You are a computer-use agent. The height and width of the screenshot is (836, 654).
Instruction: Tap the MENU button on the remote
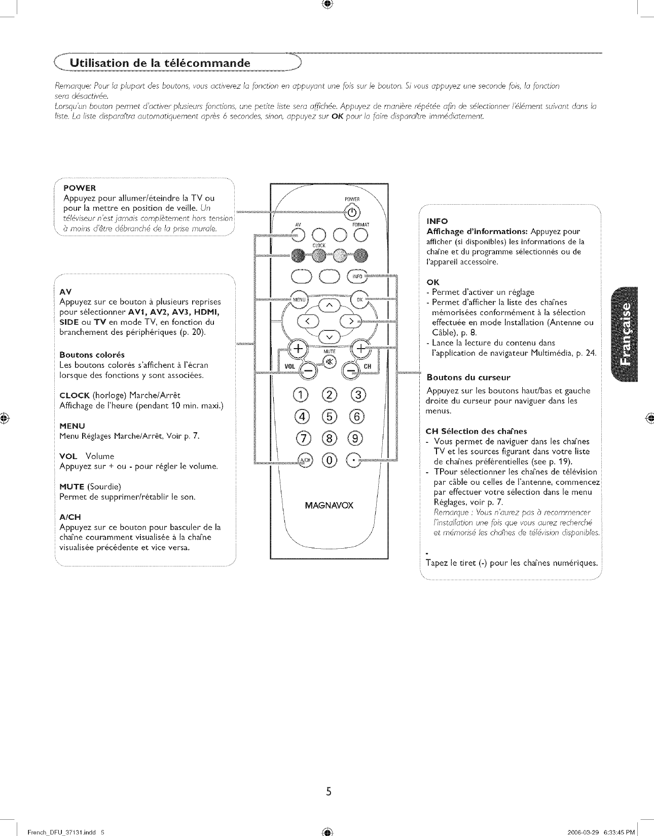[297, 299]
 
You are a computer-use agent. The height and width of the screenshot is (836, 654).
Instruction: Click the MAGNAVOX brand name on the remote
[329, 506]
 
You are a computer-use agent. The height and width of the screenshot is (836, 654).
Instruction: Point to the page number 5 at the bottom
[329, 791]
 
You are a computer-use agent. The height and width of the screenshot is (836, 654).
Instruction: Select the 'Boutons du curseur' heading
[468, 377]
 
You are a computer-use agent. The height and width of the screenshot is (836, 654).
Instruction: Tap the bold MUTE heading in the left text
[72, 486]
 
